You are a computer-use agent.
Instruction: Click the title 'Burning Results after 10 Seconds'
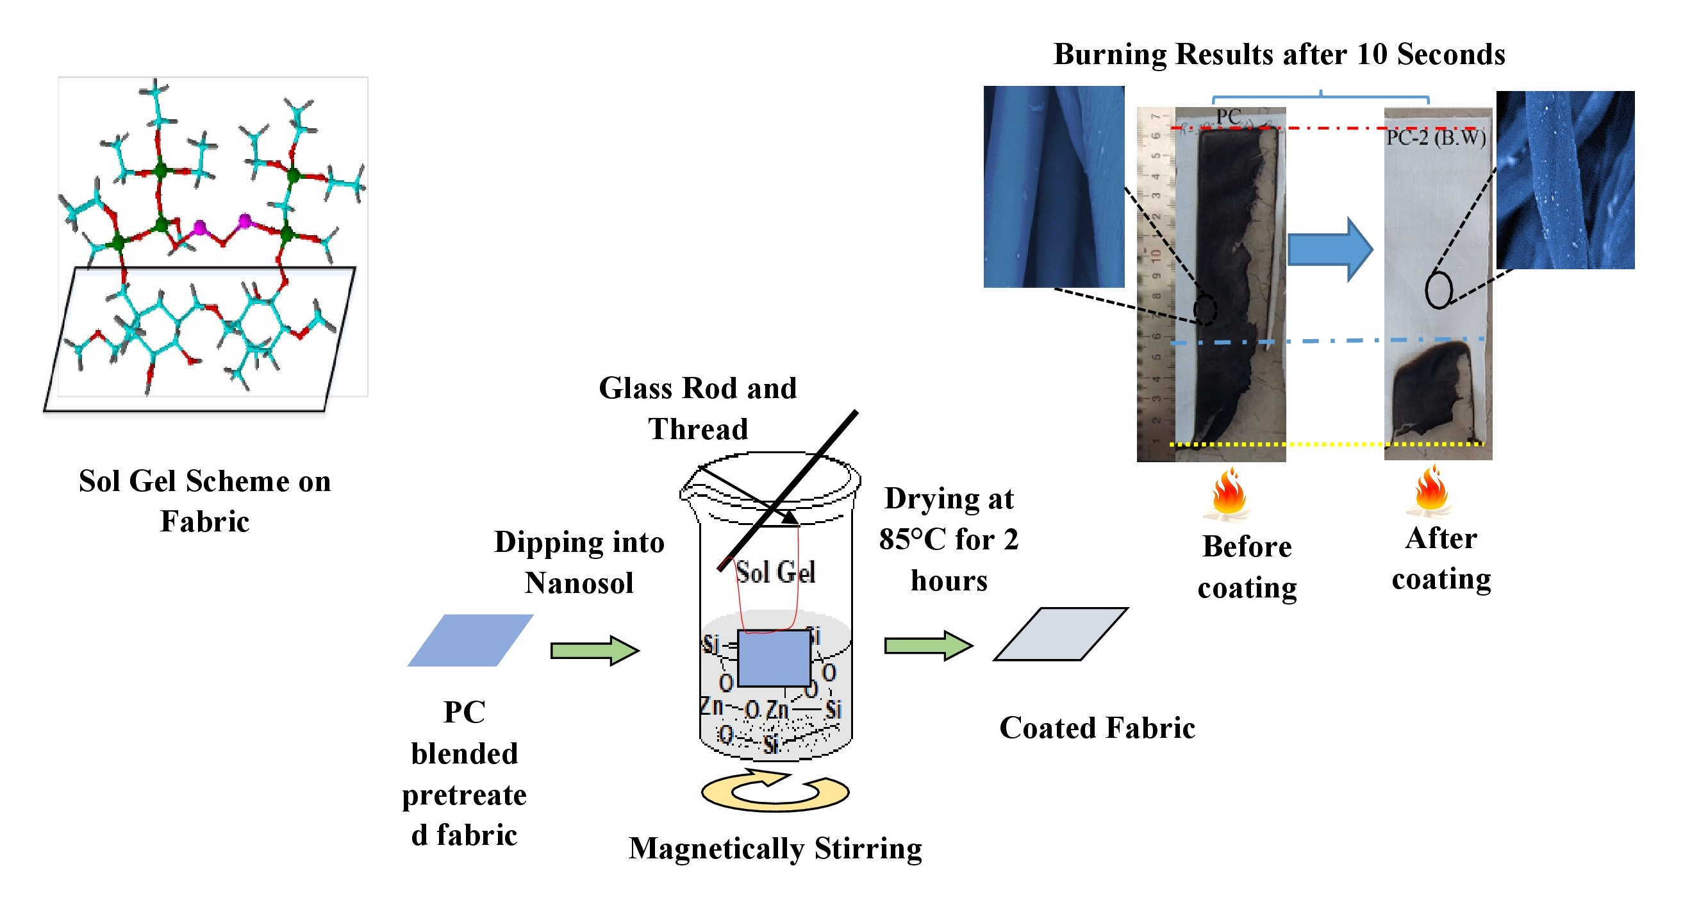(1279, 54)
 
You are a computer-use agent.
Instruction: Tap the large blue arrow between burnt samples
(1329, 249)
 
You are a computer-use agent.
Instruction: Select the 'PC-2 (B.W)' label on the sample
(1436, 138)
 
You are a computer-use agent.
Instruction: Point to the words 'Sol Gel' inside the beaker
(775, 572)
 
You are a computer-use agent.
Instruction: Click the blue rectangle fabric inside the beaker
(774, 658)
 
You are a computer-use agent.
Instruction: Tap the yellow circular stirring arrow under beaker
(775, 792)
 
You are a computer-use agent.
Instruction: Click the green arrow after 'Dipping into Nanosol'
(594, 650)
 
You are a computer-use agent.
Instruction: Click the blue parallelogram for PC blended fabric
(470, 640)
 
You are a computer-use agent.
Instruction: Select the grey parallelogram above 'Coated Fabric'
(1061, 635)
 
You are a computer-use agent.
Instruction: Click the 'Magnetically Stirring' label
(775, 849)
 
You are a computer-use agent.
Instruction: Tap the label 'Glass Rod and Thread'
(697, 408)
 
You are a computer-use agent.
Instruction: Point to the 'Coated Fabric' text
(1097, 728)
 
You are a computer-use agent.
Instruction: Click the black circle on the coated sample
(1438, 290)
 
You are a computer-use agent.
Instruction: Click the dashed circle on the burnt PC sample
(1206, 310)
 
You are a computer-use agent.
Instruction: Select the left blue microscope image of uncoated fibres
(1054, 187)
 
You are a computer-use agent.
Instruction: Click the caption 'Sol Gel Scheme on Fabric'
(204, 501)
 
